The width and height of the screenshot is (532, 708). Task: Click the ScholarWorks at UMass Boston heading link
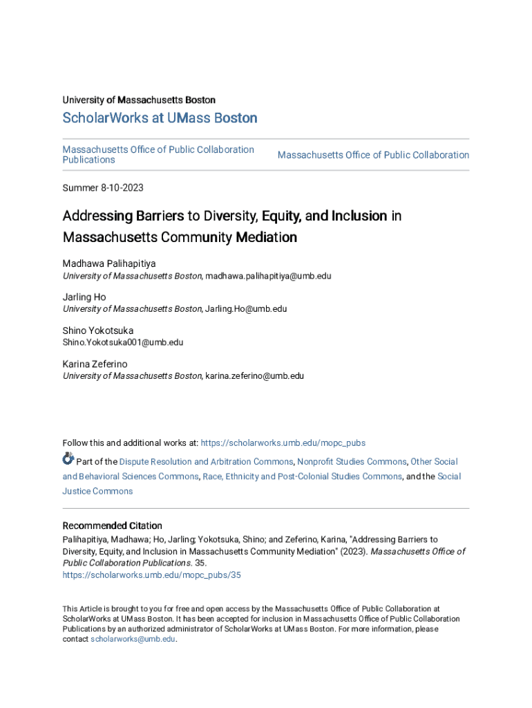click(x=160, y=118)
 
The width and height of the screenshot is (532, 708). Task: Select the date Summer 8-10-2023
click(x=103, y=188)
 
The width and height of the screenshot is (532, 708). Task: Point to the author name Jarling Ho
click(x=84, y=297)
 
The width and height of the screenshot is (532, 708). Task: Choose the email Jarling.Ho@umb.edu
click(x=245, y=309)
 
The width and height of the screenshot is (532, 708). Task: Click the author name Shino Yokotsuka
click(x=98, y=330)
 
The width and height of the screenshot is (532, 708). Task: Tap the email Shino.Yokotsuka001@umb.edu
click(x=123, y=342)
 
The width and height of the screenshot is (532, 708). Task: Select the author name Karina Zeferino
click(x=95, y=364)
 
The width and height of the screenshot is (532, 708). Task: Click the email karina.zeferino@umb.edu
click(x=254, y=376)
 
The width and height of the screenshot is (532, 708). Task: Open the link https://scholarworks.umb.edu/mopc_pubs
click(x=283, y=442)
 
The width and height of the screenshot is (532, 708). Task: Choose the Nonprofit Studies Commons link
click(x=352, y=461)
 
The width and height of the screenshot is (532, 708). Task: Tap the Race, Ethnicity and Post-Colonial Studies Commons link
click(x=302, y=476)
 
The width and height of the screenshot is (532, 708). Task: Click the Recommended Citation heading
click(x=113, y=525)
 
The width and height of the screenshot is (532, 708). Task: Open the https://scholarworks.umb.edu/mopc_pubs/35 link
click(x=151, y=575)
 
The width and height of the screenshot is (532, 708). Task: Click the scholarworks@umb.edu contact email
click(x=133, y=640)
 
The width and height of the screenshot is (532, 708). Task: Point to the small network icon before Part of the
click(x=68, y=458)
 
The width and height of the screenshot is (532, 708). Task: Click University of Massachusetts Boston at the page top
click(x=139, y=100)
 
